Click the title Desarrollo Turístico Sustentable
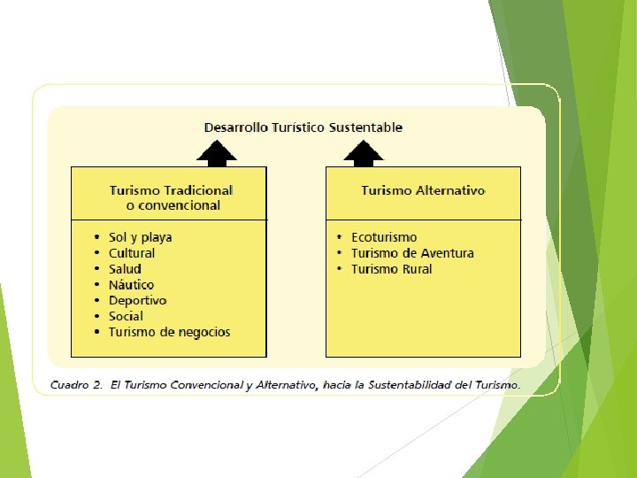pos(303,127)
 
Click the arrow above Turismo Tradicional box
pos(217,155)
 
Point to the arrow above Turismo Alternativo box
pos(364,155)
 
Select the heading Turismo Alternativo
pos(423,190)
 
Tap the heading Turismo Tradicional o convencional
pos(172,197)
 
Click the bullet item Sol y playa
pos(140,237)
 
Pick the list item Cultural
pos(132,253)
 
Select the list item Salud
pos(125,269)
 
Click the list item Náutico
pos(131,285)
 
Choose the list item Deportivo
pos(137,300)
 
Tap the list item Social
pos(126,316)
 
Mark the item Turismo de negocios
pos(169,332)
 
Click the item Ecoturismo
pos(384,237)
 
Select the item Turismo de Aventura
pos(412,253)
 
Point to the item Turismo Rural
pos(391,269)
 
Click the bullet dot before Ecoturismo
pos(340,237)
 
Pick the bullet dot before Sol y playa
pos(97,237)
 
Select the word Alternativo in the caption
pos(270,385)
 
